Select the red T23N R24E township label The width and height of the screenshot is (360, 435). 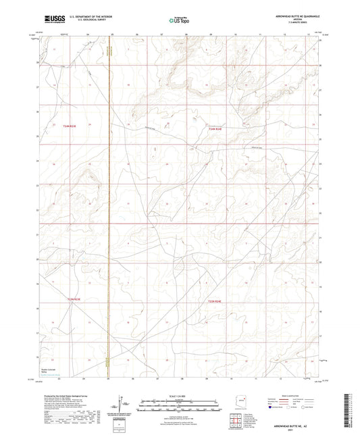click(x=214, y=301)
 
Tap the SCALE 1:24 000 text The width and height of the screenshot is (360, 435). click(x=179, y=396)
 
